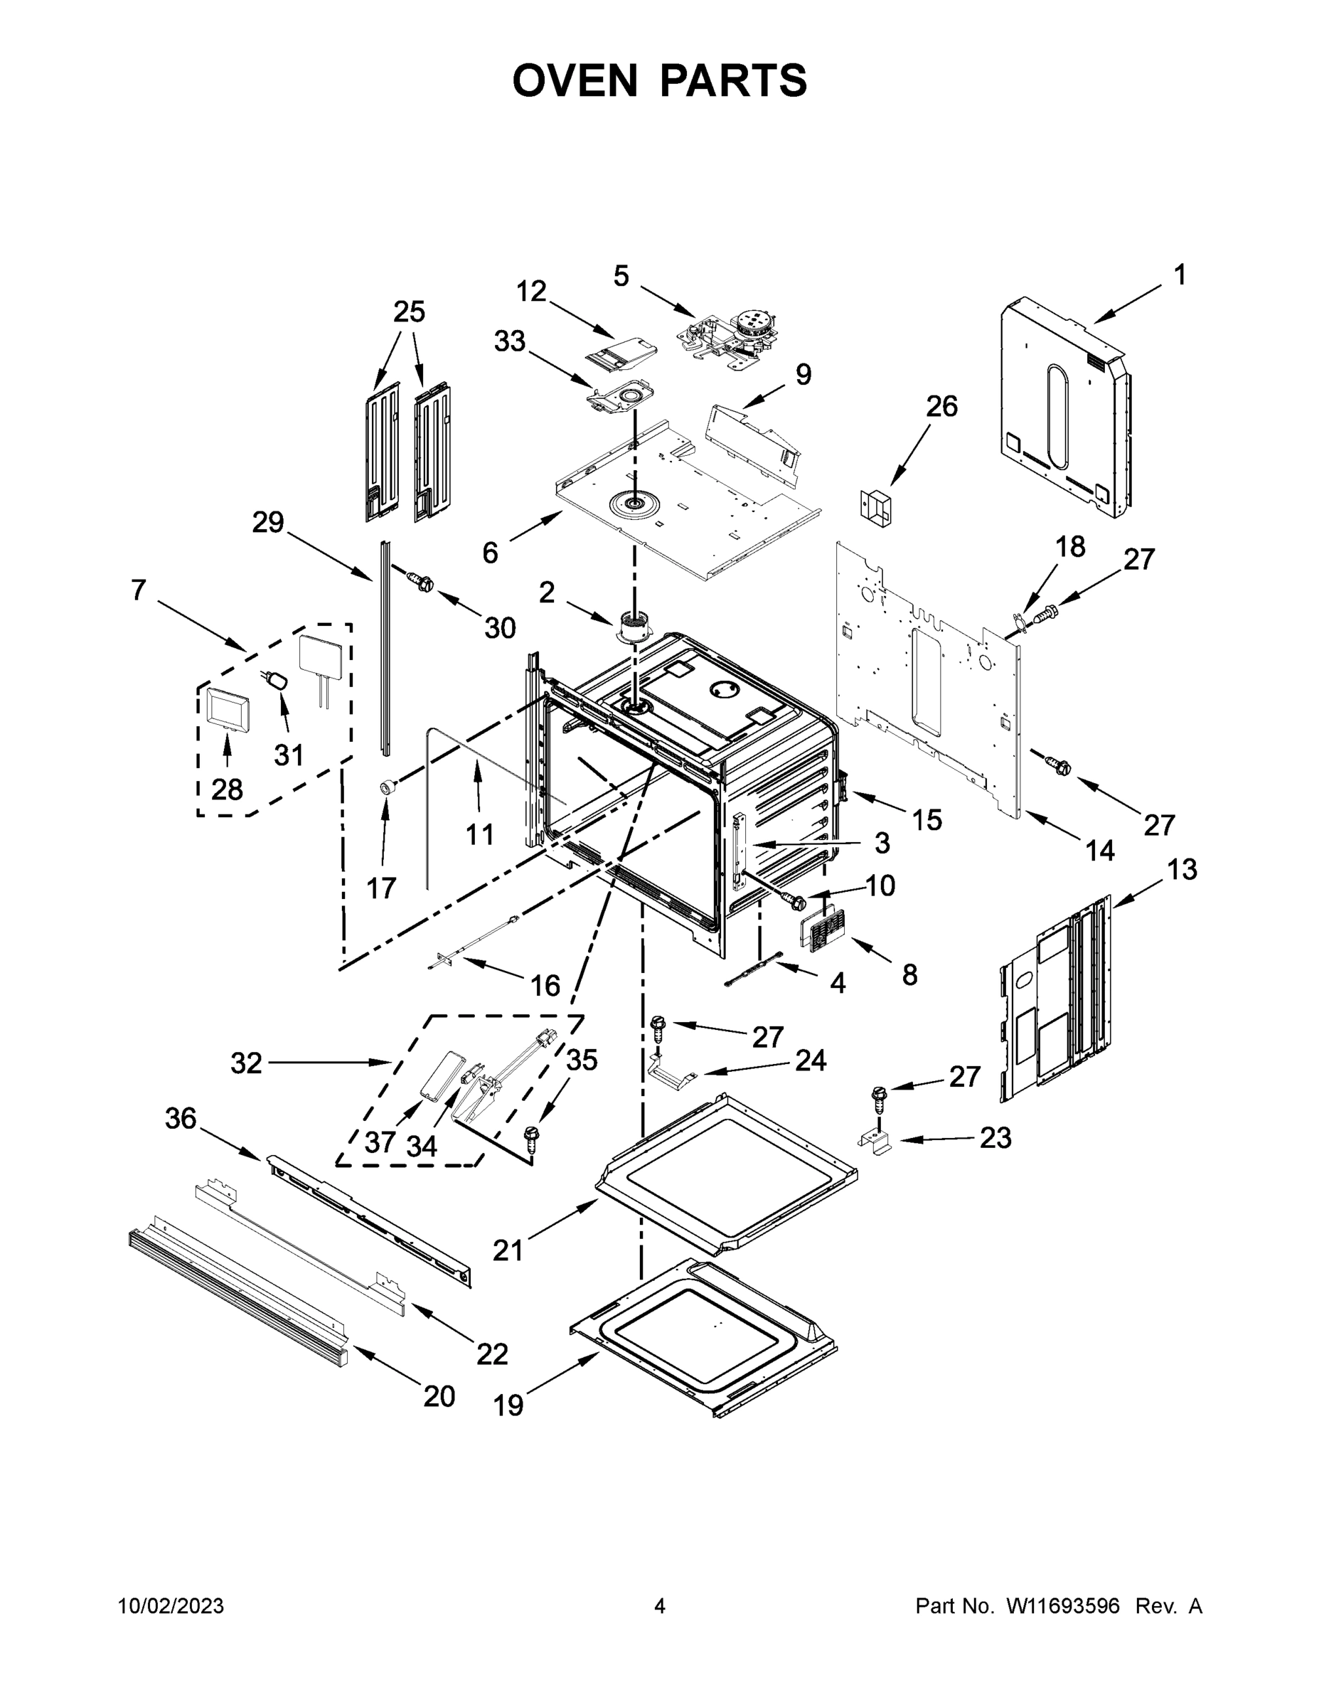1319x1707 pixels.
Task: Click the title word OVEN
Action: click(575, 80)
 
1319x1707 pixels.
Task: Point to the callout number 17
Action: click(381, 888)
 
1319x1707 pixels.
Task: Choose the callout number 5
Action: click(621, 276)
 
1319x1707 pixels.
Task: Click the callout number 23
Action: click(995, 1138)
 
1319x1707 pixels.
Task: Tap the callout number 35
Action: click(582, 1060)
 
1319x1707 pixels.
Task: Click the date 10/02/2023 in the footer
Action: click(171, 1606)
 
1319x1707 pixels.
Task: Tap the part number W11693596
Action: click(1063, 1606)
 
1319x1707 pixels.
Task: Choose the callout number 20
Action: click(439, 1396)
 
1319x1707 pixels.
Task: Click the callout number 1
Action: click(1179, 275)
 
